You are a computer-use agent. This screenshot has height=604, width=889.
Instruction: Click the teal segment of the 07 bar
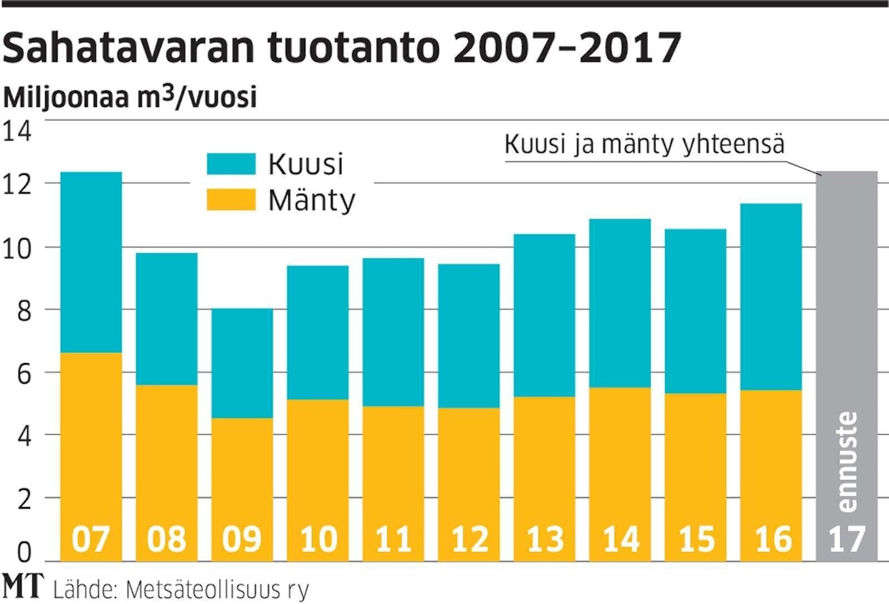91,262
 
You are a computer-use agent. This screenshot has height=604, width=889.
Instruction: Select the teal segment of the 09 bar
242,363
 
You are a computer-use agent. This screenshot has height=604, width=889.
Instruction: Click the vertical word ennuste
847,461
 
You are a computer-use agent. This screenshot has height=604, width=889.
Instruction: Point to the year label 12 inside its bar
469,539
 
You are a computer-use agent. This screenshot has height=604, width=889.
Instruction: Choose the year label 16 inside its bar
771,539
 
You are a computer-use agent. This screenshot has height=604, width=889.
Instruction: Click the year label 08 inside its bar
166,539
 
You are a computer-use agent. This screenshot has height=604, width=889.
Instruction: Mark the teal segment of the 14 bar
620,303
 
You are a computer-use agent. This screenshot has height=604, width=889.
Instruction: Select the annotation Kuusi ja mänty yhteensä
645,144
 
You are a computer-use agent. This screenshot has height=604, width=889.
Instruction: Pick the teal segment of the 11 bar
393,332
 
